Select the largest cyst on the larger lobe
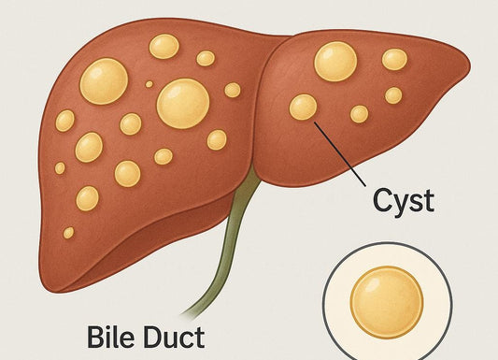(x=183, y=102)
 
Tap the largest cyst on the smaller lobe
(x=335, y=61)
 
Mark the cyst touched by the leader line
(x=303, y=107)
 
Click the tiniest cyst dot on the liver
(x=149, y=83)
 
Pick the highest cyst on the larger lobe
(x=164, y=46)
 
